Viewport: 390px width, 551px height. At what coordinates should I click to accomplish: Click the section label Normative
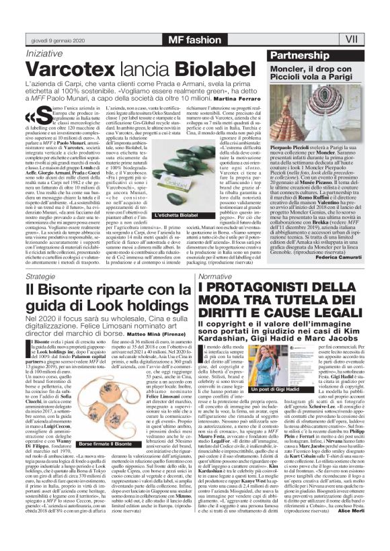click(x=216, y=276)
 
